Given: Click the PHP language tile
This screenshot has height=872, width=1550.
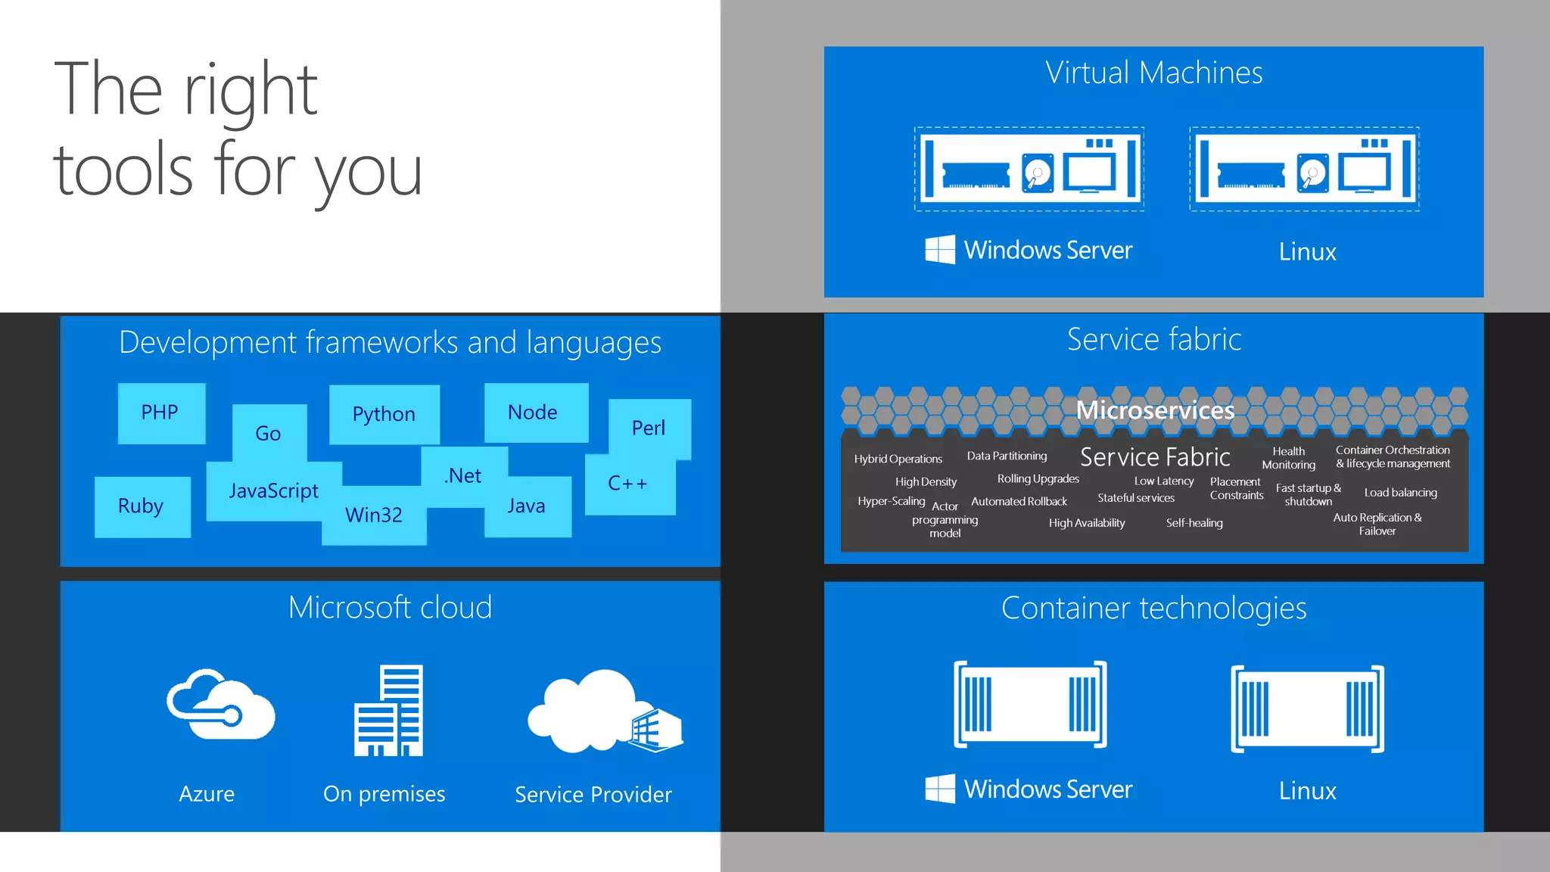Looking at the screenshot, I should pos(160,413).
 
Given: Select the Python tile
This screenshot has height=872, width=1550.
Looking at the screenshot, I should pos(384,414).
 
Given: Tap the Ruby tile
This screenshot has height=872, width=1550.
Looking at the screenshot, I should pos(142,506).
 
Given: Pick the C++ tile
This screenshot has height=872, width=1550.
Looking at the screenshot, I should pos(628,484).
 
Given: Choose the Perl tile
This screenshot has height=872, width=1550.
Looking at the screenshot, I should pos(649,428).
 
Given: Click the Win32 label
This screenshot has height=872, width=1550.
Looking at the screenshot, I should pos(374,515).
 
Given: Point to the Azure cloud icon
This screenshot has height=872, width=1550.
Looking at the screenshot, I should pos(220,705).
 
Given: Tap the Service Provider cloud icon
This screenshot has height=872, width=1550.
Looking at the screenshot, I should pos(603,712).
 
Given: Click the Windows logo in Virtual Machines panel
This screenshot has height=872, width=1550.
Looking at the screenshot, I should pos(940,249).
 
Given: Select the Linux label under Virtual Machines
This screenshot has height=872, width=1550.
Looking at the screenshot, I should pos(1307,252).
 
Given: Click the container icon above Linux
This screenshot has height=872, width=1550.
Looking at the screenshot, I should pos(1307,708).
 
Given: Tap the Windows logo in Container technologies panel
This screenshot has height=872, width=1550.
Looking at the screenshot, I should pos(940,789).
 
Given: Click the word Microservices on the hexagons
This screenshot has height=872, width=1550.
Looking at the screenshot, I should pos(1155,410).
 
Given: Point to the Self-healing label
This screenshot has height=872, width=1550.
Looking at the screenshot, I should pos(1194,523).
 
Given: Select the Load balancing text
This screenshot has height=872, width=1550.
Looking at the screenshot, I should pos(1400,493).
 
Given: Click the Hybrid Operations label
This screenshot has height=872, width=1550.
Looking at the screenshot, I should pos(898,459).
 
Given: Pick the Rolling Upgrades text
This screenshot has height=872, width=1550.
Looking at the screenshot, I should pos(1038,479).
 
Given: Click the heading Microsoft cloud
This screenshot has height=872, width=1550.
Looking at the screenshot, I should pos(390,608).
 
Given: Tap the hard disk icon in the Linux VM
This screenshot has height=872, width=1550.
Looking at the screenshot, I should pos(1312,173).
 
